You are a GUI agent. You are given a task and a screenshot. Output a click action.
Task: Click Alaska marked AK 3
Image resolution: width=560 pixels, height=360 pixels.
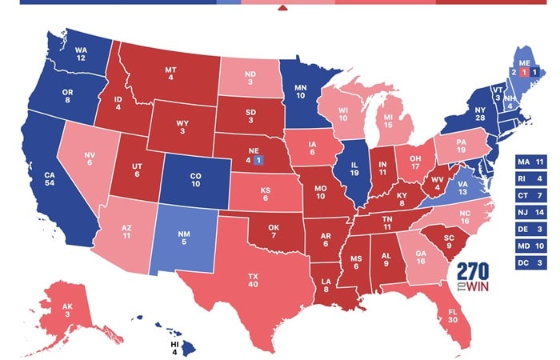click(67, 310)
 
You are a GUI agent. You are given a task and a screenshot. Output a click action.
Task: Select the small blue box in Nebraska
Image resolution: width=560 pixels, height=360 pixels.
click(258, 160)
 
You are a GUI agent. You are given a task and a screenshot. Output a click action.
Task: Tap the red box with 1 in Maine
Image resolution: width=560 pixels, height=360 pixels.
click(524, 71)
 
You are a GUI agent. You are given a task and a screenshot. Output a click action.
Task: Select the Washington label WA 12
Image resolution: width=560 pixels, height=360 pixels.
click(82, 53)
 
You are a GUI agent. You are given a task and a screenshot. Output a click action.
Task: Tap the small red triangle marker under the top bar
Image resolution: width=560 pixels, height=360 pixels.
click(282, 10)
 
